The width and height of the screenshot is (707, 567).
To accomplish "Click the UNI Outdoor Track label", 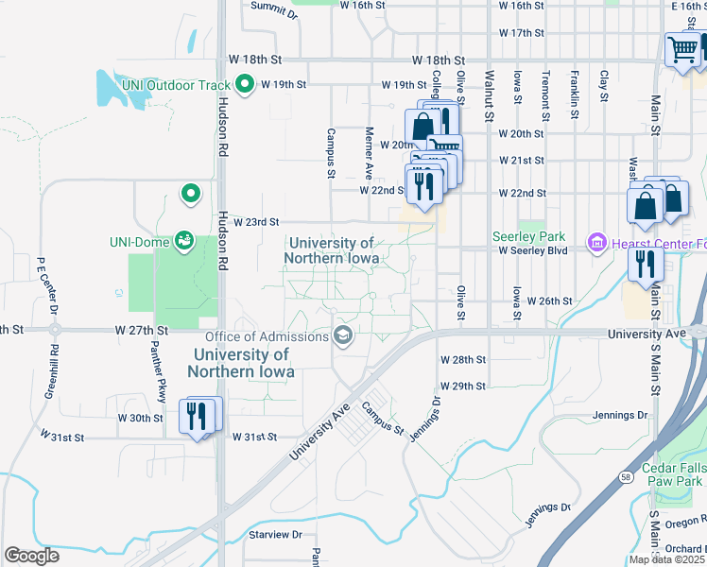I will pyautogui.click(x=176, y=85).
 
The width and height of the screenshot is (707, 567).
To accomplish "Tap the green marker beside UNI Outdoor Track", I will pyautogui.click(x=246, y=85).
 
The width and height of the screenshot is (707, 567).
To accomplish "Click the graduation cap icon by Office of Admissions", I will pyautogui.click(x=342, y=335).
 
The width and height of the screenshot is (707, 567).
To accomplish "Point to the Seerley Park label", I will pyautogui.click(x=527, y=236).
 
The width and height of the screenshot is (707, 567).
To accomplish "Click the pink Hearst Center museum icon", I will pyautogui.click(x=595, y=244).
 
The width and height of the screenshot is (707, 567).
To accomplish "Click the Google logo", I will pyautogui.click(x=32, y=555).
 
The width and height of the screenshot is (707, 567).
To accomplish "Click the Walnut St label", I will pyautogui.click(x=489, y=94).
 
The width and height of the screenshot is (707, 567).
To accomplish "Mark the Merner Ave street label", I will pyautogui.click(x=370, y=152).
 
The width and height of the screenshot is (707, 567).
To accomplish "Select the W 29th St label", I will pyautogui.click(x=462, y=387).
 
